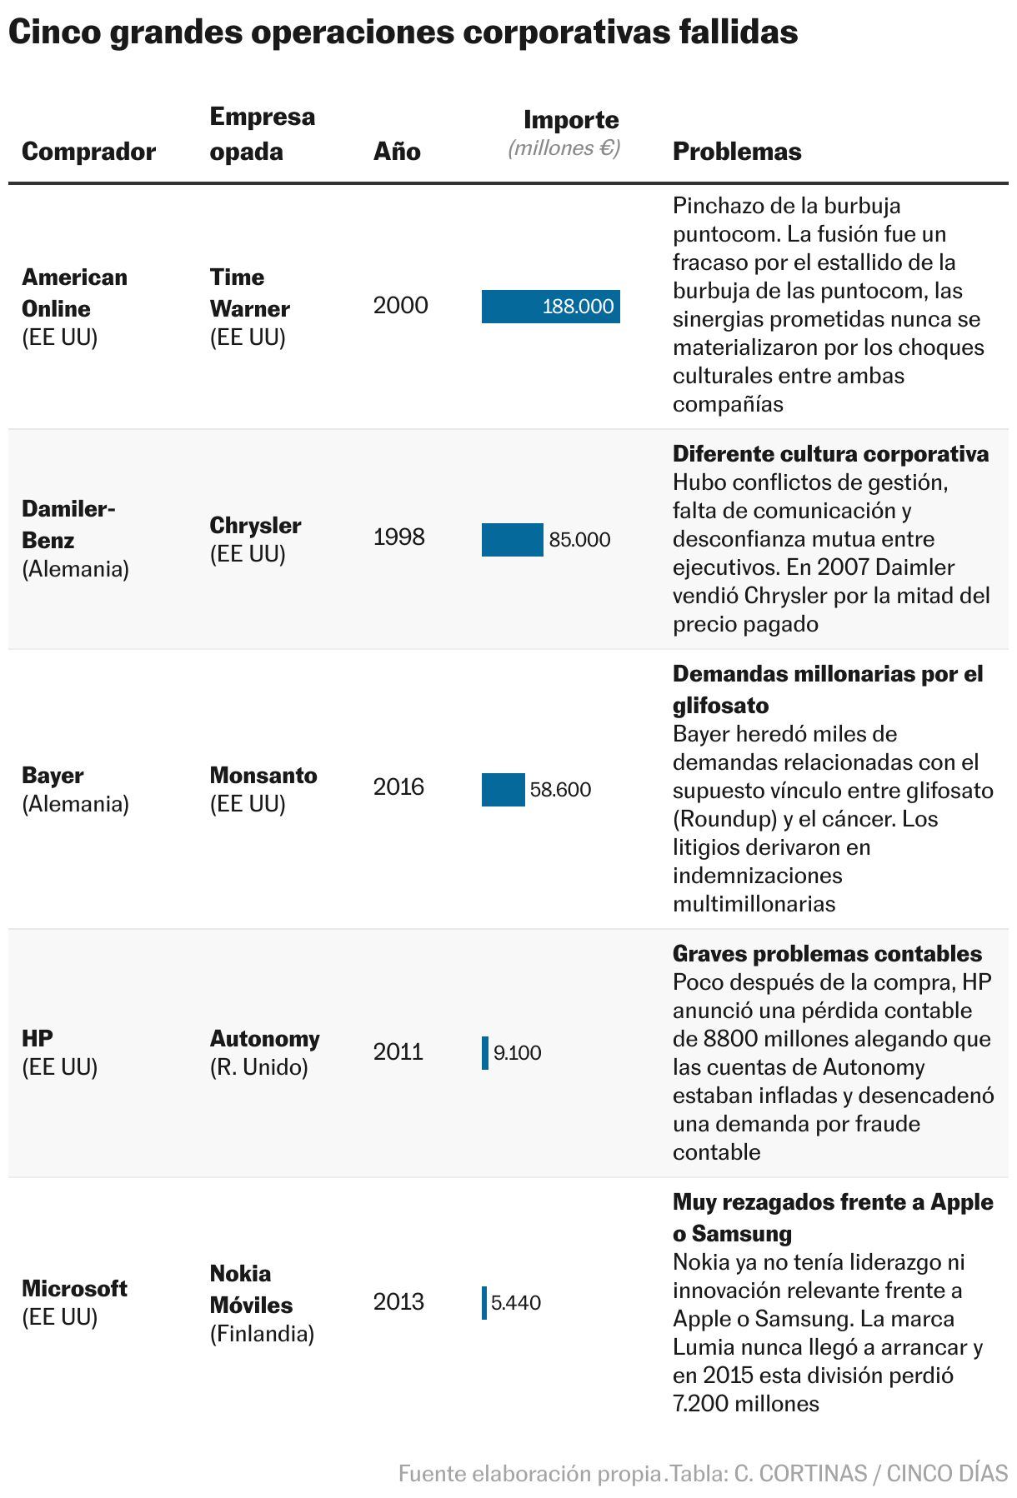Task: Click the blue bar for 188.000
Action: [x=550, y=307]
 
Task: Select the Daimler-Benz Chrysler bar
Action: [x=512, y=540]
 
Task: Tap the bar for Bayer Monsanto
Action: [x=503, y=790]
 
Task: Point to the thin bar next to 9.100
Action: [x=485, y=1053]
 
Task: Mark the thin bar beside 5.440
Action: [x=484, y=1303]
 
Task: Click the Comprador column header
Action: [x=88, y=152]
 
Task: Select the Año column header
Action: [x=397, y=152]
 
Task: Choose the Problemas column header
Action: [x=737, y=152]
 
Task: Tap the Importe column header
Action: [x=571, y=120]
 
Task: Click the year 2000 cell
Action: [x=400, y=306]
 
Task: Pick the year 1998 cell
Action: [x=398, y=537]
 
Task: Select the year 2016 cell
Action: [x=398, y=787]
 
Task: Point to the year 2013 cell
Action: [x=398, y=1302]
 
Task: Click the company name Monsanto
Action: [x=263, y=776]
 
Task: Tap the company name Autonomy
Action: [x=264, y=1039]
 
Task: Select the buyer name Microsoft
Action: [x=74, y=1289]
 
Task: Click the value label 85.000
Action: [x=579, y=540]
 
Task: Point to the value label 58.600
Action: [x=560, y=790]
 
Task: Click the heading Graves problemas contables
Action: [x=827, y=954]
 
